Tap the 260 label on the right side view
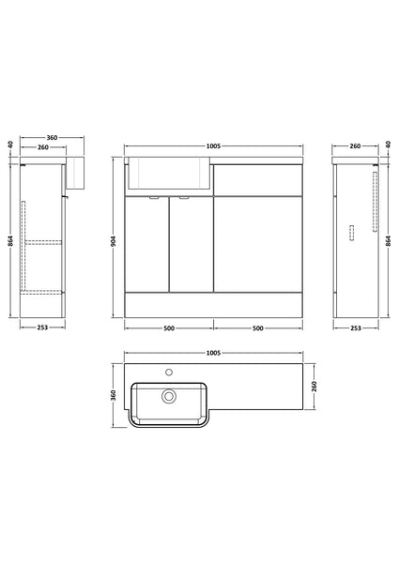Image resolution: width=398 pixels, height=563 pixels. (355, 145)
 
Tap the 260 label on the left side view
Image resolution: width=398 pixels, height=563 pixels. (43, 147)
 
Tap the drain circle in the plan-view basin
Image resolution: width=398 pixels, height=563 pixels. (170, 397)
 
